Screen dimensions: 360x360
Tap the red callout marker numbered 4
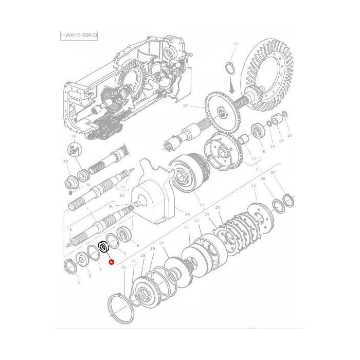pos(111,262)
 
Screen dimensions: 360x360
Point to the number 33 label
pos(236,44)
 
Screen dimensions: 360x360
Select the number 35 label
pos(74,136)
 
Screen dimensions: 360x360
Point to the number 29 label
pos(65,161)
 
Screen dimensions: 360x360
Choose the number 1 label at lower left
pos(78,282)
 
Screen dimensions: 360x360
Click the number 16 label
pos(123,267)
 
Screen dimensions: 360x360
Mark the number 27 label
pos(273,173)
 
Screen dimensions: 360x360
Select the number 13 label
pos(281,140)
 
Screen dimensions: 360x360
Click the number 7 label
pos(87,208)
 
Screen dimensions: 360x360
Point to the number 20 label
pos(161,243)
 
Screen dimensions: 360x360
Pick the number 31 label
pos(122,195)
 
